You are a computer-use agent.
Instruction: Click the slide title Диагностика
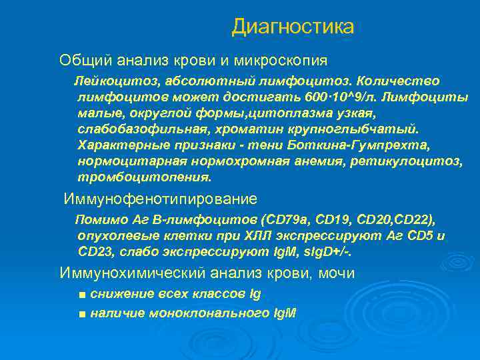[x=293, y=27]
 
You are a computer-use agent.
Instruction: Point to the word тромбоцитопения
[x=144, y=177]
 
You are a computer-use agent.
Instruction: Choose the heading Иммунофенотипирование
[x=161, y=199]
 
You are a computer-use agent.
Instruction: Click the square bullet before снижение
[x=81, y=295]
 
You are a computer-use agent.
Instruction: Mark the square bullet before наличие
[x=81, y=313]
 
